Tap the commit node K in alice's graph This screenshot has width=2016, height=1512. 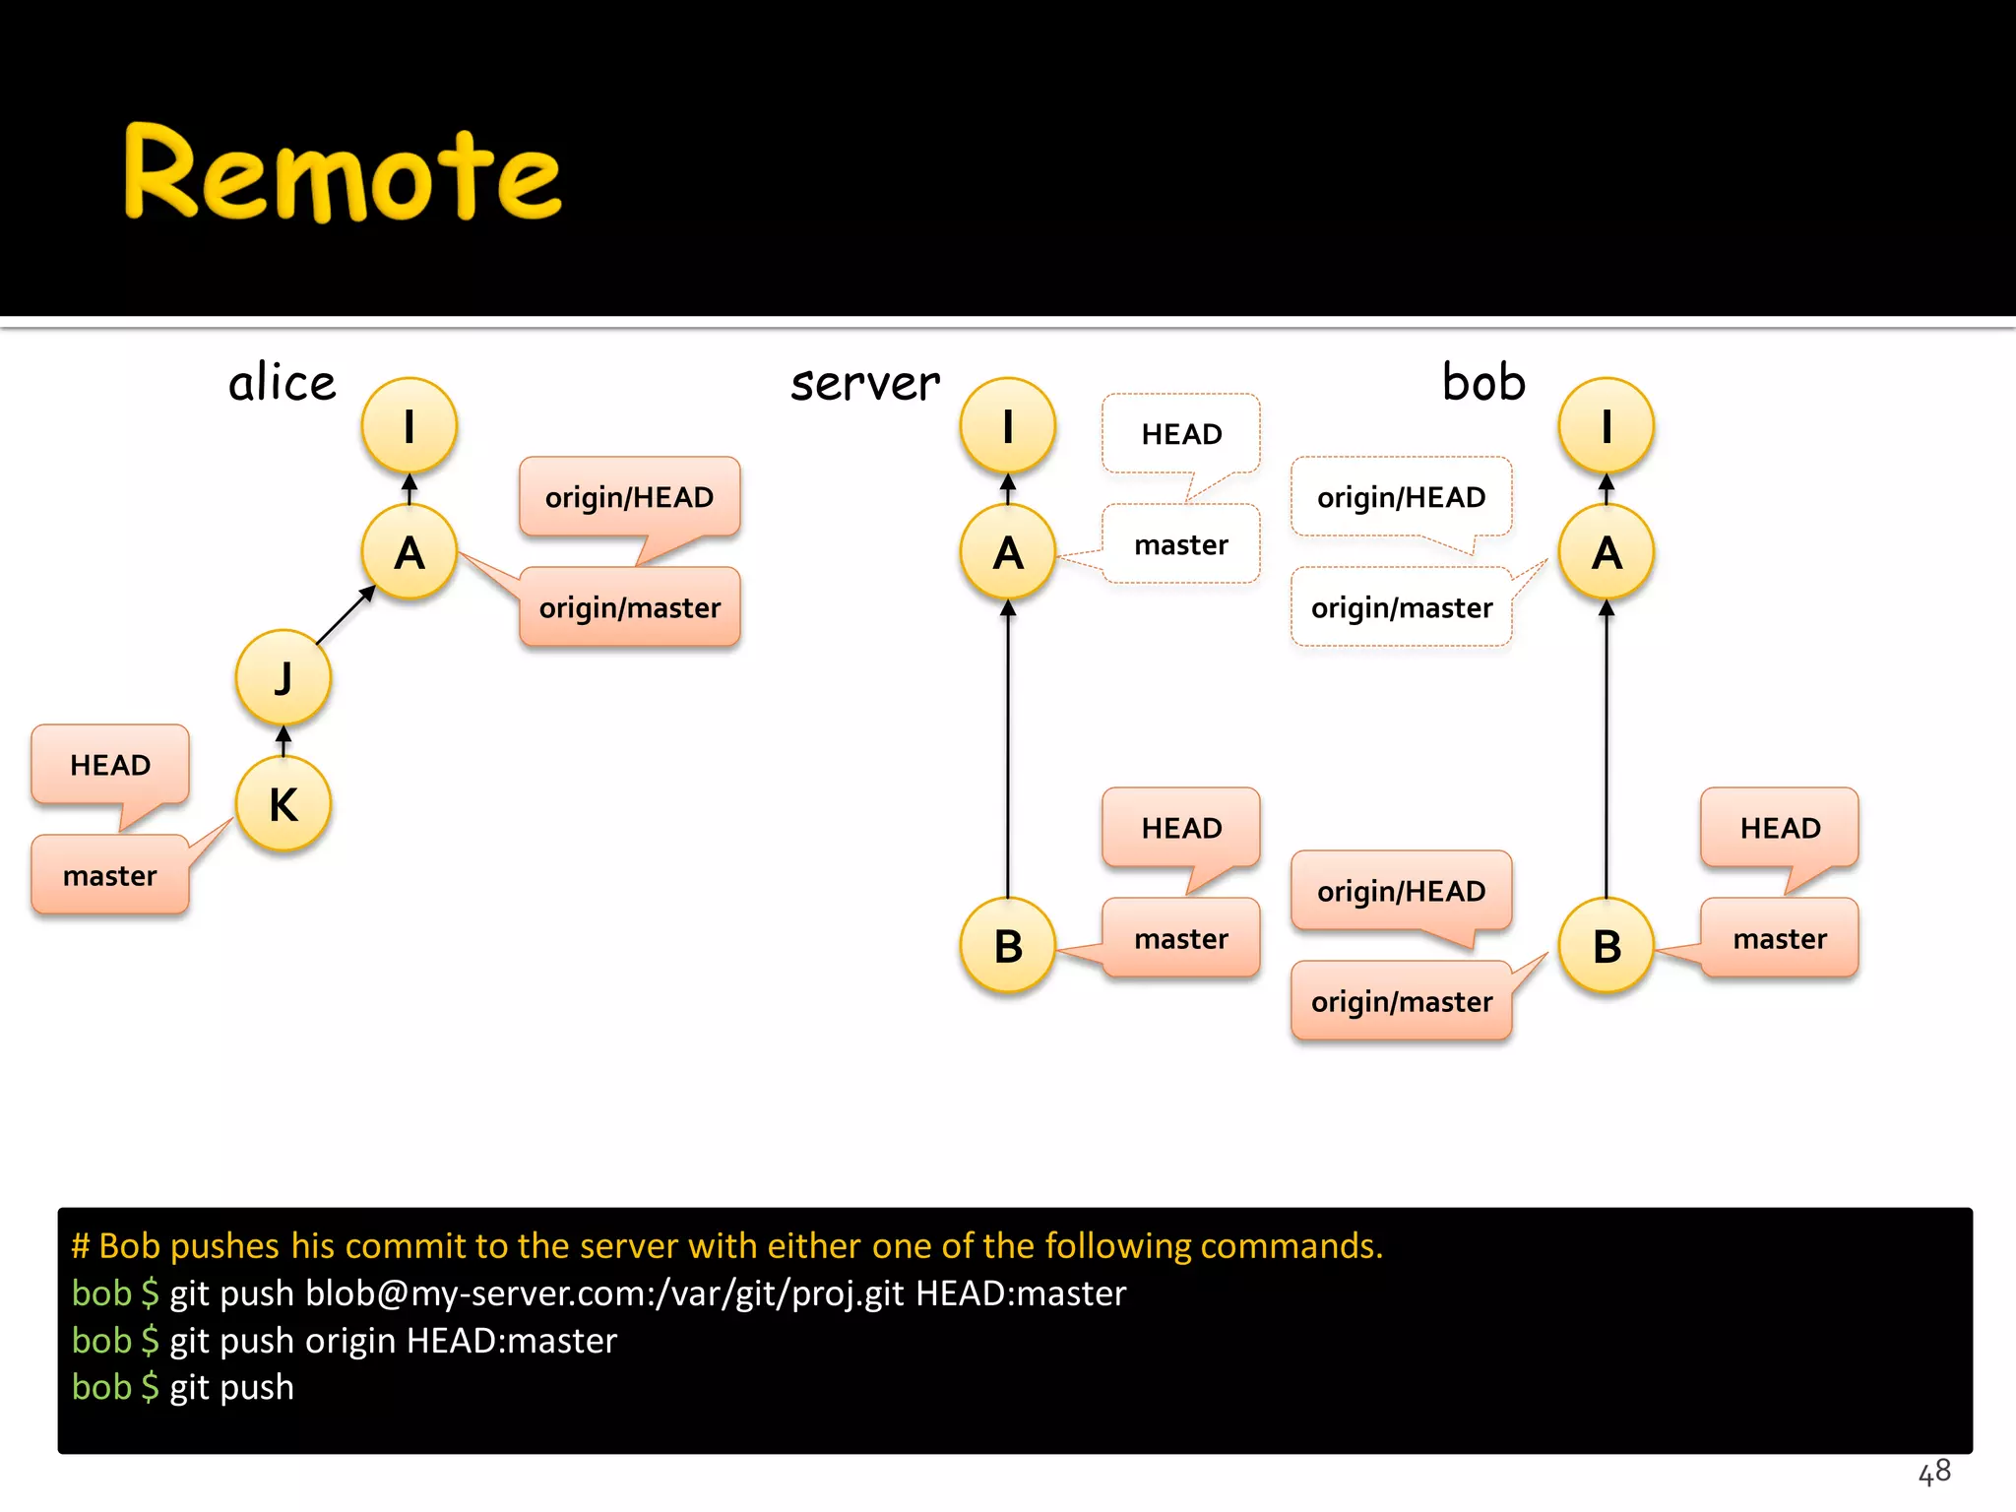(x=283, y=804)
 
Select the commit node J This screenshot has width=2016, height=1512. (x=283, y=678)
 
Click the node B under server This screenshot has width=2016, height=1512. (x=1008, y=946)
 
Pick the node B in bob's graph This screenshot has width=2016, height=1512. (x=1606, y=946)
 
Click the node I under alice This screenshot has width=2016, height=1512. (x=409, y=426)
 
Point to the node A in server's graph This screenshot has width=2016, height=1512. (x=1008, y=552)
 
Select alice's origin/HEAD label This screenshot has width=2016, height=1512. (x=630, y=497)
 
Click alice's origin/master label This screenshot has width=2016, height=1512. (x=630, y=607)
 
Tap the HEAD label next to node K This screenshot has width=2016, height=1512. (x=110, y=765)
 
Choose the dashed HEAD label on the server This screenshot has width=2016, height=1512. (x=1181, y=434)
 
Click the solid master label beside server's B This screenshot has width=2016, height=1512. (x=1181, y=938)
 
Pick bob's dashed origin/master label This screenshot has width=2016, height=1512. (x=1402, y=607)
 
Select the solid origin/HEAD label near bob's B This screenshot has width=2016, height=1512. (x=1402, y=891)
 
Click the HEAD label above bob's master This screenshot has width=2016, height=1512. (x=1780, y=828)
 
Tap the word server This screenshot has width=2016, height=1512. (x=865, y=383)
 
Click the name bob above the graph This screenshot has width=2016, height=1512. (x=1483, y=382)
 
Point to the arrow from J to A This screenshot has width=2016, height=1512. (x=346, y=616)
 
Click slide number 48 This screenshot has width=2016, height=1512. (x=1934, y=1472)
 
